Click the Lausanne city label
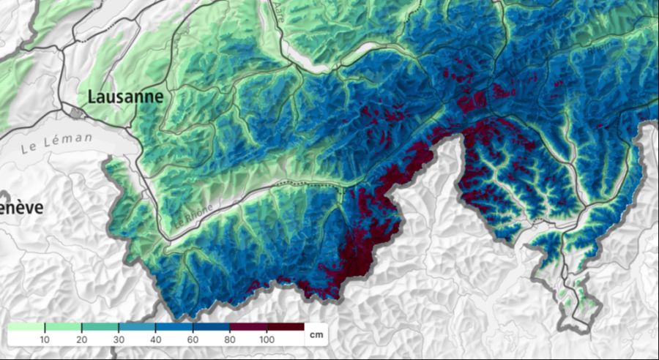(x=125, y=97)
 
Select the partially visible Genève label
(x=21, y=208)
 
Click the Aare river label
(x=280, y=10)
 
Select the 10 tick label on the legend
(x=45, y=340)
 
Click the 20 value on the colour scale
(x=81, y=340)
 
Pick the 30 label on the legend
(x=119, y=340)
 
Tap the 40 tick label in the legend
(x=156, y=340)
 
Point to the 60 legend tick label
(x=193, y=340)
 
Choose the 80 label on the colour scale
(x=230, y=340)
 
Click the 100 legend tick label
(x=267, y=340)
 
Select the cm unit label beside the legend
(x=316, y=335)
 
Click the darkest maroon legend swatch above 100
(x=286, y=326)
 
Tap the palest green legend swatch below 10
(x=26, y=326)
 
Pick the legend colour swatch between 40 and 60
(x=174, y=326)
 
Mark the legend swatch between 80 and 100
(x=248, y=326)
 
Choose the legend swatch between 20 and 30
(x=100, y=326)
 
